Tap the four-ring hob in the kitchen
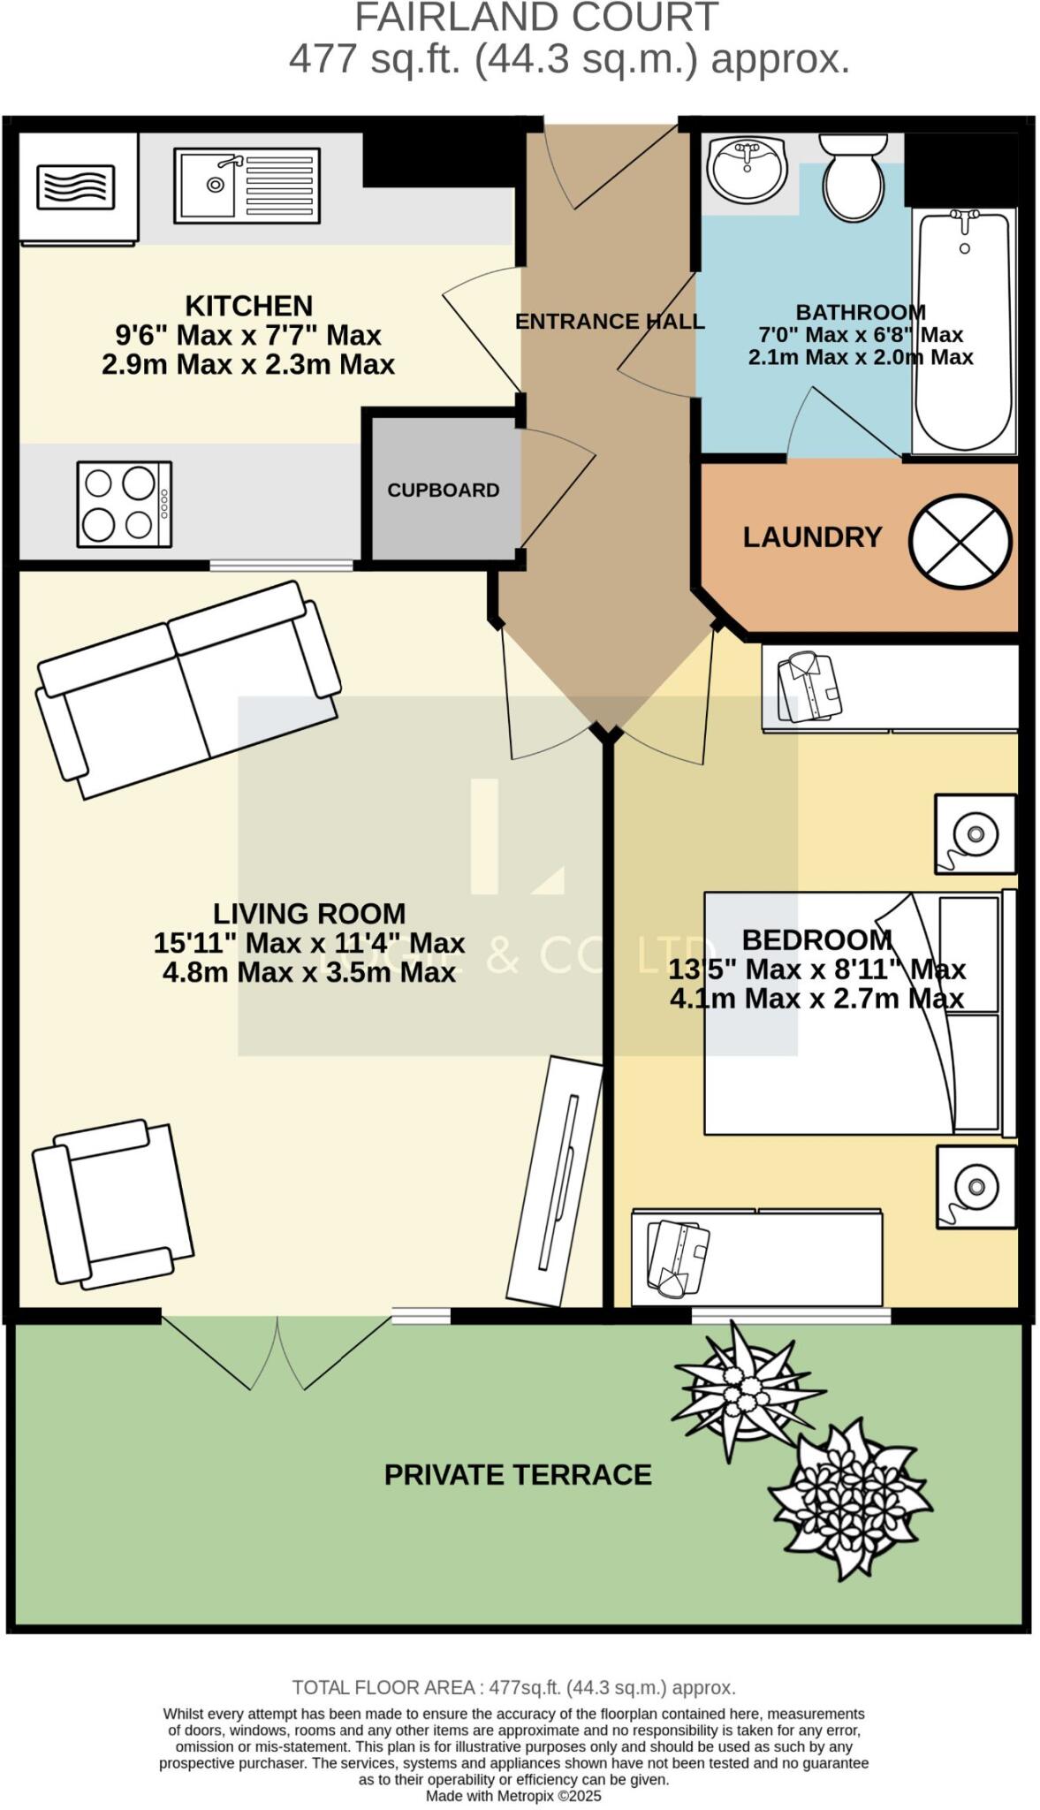point(124,504)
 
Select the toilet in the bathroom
point(853,179)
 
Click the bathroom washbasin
point(748,168)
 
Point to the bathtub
point(964,331)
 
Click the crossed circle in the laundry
point(960,540)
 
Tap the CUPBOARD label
point(443,490)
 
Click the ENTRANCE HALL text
point(610,322)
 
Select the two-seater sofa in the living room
point(188,689)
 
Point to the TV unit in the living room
point(556,1181)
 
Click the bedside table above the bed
point(975,834)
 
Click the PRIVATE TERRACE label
point(518,1474)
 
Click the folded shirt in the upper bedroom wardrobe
point(808,688)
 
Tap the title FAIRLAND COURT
point(536,18)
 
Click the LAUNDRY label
point(812,537)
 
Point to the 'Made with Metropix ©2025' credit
point(513,1796)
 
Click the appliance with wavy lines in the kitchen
point(76,187)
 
